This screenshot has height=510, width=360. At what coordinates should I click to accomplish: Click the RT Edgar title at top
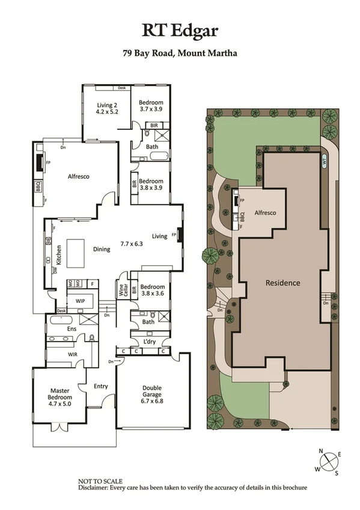180,31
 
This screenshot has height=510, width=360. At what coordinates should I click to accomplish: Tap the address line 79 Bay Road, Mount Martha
180,53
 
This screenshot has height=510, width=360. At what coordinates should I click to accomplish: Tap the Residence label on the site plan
283,282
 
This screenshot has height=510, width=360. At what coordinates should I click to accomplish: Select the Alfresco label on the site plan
264,213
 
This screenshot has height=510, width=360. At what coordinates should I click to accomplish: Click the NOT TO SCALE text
100,481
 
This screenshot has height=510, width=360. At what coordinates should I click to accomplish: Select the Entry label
100,386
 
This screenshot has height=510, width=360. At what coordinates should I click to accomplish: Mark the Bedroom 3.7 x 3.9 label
151,106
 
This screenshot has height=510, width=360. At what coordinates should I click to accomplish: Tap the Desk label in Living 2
121,88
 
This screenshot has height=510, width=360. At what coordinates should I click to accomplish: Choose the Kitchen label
59,256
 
